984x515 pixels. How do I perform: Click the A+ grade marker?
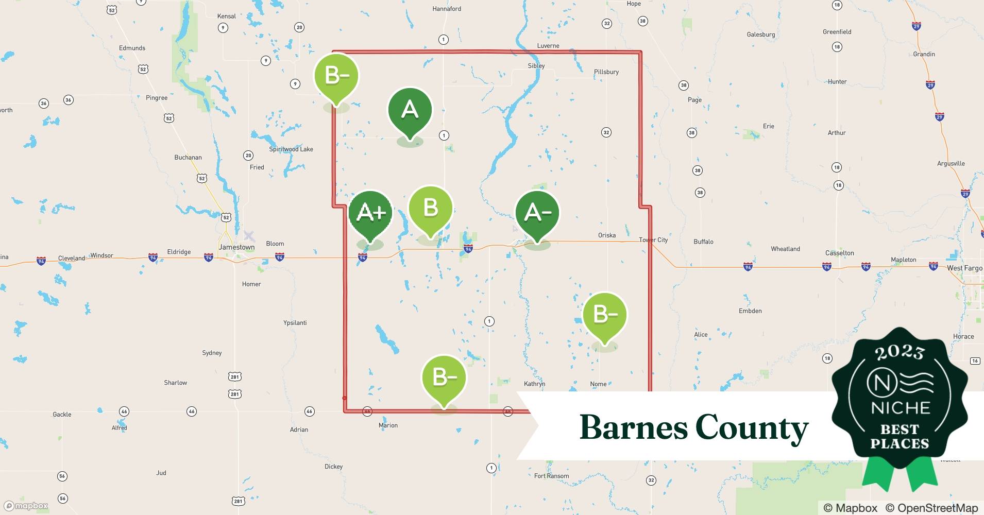click(x=370, y=213)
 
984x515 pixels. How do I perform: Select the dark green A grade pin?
click(x=410, y=110)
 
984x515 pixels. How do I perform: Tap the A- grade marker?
click(x=537, y=213)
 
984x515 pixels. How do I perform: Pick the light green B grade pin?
click(x=430, y=208)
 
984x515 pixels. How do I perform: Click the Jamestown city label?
click(x=236, y=247)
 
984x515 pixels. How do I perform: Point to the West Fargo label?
click(x=964, y=268)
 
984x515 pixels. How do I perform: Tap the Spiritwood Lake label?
click(x=291, y=149)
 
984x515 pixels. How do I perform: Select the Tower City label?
click(x=653, y=240)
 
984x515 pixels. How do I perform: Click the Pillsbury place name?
click(x=606, y=72)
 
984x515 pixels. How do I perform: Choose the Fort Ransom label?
click(x=551, y=476)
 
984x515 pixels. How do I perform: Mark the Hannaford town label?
click(x=447, y=9)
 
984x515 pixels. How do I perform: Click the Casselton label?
click(x=839, y=253)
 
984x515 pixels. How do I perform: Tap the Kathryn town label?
click(x=534, y=384)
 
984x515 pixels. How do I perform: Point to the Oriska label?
click(x=607, y=235)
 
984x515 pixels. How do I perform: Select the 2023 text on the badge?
click(x=900, y=352)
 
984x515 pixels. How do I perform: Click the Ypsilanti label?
click(x=295, y=323)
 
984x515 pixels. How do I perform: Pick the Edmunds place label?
click(x=132, y=48)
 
